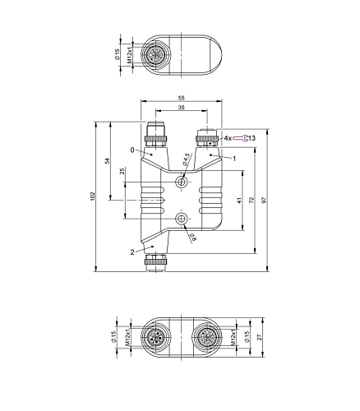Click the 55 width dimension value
[x=182, y=98]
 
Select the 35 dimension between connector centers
[x=182, y=108]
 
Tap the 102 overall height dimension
[x=92, y=196]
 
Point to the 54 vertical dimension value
[x=108, y=161]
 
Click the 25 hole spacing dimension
[x=122, y=171]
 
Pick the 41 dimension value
[x=239, y=201]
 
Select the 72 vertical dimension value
[x=252, y=200]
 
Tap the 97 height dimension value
[x=264, y=200]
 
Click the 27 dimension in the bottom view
[x=260, y=337]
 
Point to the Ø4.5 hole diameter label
[x=186, y=159]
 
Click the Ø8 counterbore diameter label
[x=193, y=237]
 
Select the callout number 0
[x=132, y=150]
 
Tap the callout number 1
[x=234, y=159]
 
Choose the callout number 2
[x=132, y=252]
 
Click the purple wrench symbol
[x=241, y=138]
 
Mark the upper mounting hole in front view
[x=181, y=182]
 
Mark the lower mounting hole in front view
[x=181, y=219]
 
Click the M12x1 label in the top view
[x=130, y=54]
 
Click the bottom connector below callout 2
[x=155, y=262]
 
